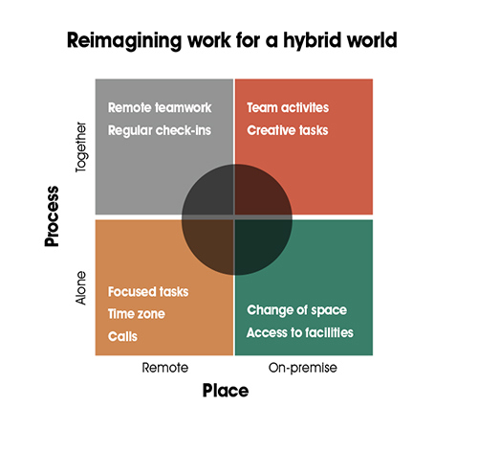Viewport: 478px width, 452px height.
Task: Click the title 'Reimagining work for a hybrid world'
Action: (x=232, y=41)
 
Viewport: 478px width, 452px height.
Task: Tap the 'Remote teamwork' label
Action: (x=160, y=107)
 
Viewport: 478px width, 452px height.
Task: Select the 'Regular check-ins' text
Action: (x=160, y=130)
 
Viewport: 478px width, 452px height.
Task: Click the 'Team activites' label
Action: (x=288, y=107)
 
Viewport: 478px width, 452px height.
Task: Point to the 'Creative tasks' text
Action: (x=288, y=130)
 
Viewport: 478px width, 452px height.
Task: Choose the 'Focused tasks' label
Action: (x=148, y=292)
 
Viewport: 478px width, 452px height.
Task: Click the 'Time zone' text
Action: (x=137, y=314)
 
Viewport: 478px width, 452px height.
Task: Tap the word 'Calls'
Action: (x=122, y=336)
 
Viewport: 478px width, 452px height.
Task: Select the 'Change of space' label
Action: (x=296, y=310)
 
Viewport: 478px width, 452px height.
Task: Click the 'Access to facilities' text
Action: (x=300, y=332)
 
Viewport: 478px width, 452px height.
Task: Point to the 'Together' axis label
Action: (x=81, y=147)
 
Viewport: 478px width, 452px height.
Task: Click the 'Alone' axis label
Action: (x=80, y=288)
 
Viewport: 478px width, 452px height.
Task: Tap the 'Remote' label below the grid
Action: (x=165, y=368)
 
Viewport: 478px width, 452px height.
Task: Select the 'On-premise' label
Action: (x=303, y=368)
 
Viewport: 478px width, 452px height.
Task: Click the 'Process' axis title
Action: (x=52, y=216)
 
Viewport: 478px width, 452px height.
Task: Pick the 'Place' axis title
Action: (x=226, y=391)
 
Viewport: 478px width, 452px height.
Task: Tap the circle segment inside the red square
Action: (x=259, y=193)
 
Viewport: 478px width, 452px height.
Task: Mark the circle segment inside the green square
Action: (x=259, y=243)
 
